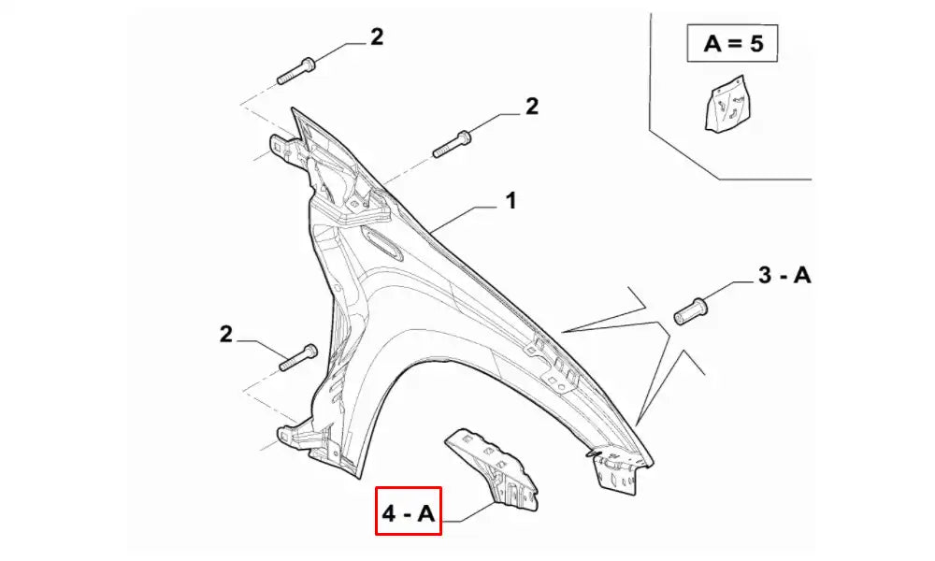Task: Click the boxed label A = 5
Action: click(x=732, y=44)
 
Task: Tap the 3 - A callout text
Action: click(x=784, y=276)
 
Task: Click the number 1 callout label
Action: click(x=511, y=200)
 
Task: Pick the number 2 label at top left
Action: click(x=376, y=37)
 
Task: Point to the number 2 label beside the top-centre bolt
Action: click(x=531, y=108)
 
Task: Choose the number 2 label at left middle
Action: click(x=226, y=334)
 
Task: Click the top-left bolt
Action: click(x=297, y=70)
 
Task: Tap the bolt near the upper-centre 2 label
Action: click(x=453, y=143)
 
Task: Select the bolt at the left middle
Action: click(x=299, y=358)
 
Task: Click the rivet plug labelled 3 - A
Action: click(x=690, y=309)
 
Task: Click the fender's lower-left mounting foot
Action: click(x=292, y=437)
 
